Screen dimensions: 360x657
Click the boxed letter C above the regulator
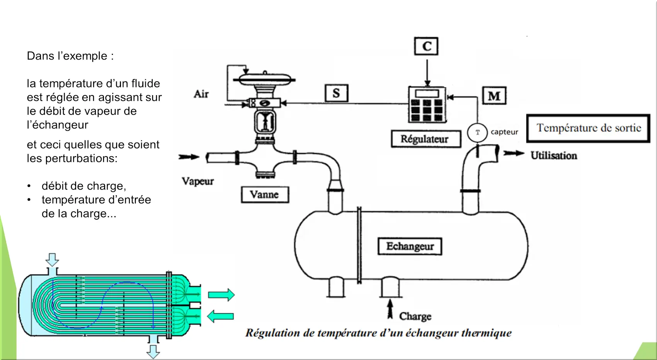click(426, 46)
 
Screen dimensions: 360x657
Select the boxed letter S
click(336, 93)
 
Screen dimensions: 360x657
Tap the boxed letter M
click(494, 96)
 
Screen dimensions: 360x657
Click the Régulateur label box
click(426, 139)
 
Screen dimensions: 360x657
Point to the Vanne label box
click(265, 195)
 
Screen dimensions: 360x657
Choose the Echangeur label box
click(410, 246)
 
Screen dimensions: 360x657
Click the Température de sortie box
click(588, 128)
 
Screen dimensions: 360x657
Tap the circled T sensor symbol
click(478, 132)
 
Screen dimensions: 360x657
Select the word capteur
click(504, 132)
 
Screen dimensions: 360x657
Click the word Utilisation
click(553, 155)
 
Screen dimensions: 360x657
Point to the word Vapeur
click(197, 181)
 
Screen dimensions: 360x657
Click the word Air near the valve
click(201, 94)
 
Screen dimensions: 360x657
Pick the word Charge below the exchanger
click(415, 316)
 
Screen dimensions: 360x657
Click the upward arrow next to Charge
click(390, 309)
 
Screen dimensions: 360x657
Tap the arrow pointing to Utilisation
click(514, 154)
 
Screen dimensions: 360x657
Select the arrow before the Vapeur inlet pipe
click(189, 157)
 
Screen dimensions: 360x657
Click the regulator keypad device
click(427, 104)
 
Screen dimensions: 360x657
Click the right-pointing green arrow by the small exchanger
click(221, 295)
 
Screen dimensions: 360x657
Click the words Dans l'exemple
click(70, 56)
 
